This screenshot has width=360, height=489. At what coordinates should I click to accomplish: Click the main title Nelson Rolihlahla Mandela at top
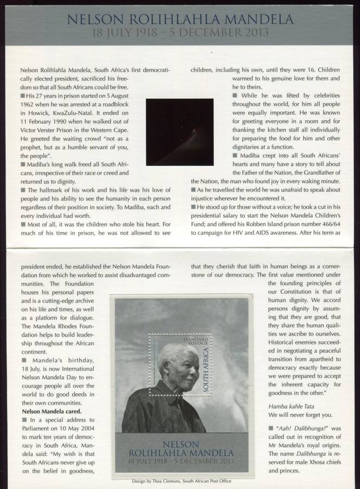(x=180, y=21)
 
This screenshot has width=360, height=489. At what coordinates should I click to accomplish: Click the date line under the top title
(x=180, y=32)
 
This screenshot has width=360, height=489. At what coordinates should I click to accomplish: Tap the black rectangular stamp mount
(x=180, y=131)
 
